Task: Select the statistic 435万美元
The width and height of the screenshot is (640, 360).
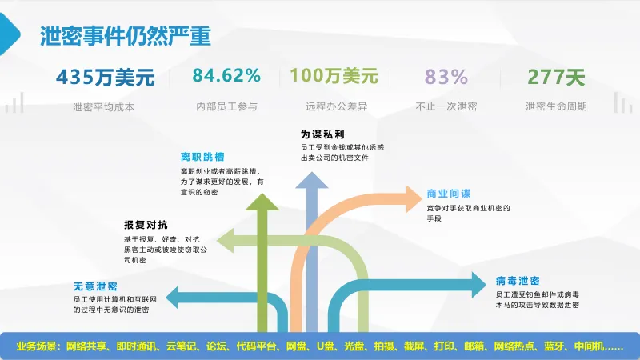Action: (104, 78)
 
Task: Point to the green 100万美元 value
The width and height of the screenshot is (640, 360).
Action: (334, 77)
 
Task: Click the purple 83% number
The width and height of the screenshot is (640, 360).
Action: (446, 78)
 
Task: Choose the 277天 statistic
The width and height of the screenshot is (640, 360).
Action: (556, 78)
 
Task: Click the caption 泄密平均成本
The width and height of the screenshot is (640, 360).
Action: (104, 106)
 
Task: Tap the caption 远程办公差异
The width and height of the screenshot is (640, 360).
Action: (334, 106)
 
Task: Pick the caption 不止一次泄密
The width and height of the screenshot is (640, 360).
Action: (446, 106)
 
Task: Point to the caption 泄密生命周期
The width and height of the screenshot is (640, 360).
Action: (556, 106)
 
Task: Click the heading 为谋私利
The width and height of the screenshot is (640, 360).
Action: (316, 134)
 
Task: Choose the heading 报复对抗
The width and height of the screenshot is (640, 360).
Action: (146, 225)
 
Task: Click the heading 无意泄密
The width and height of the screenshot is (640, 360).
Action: (95, 286)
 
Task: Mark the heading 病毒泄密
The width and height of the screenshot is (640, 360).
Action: (517, 281)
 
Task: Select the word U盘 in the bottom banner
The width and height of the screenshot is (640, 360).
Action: (325, 346)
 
